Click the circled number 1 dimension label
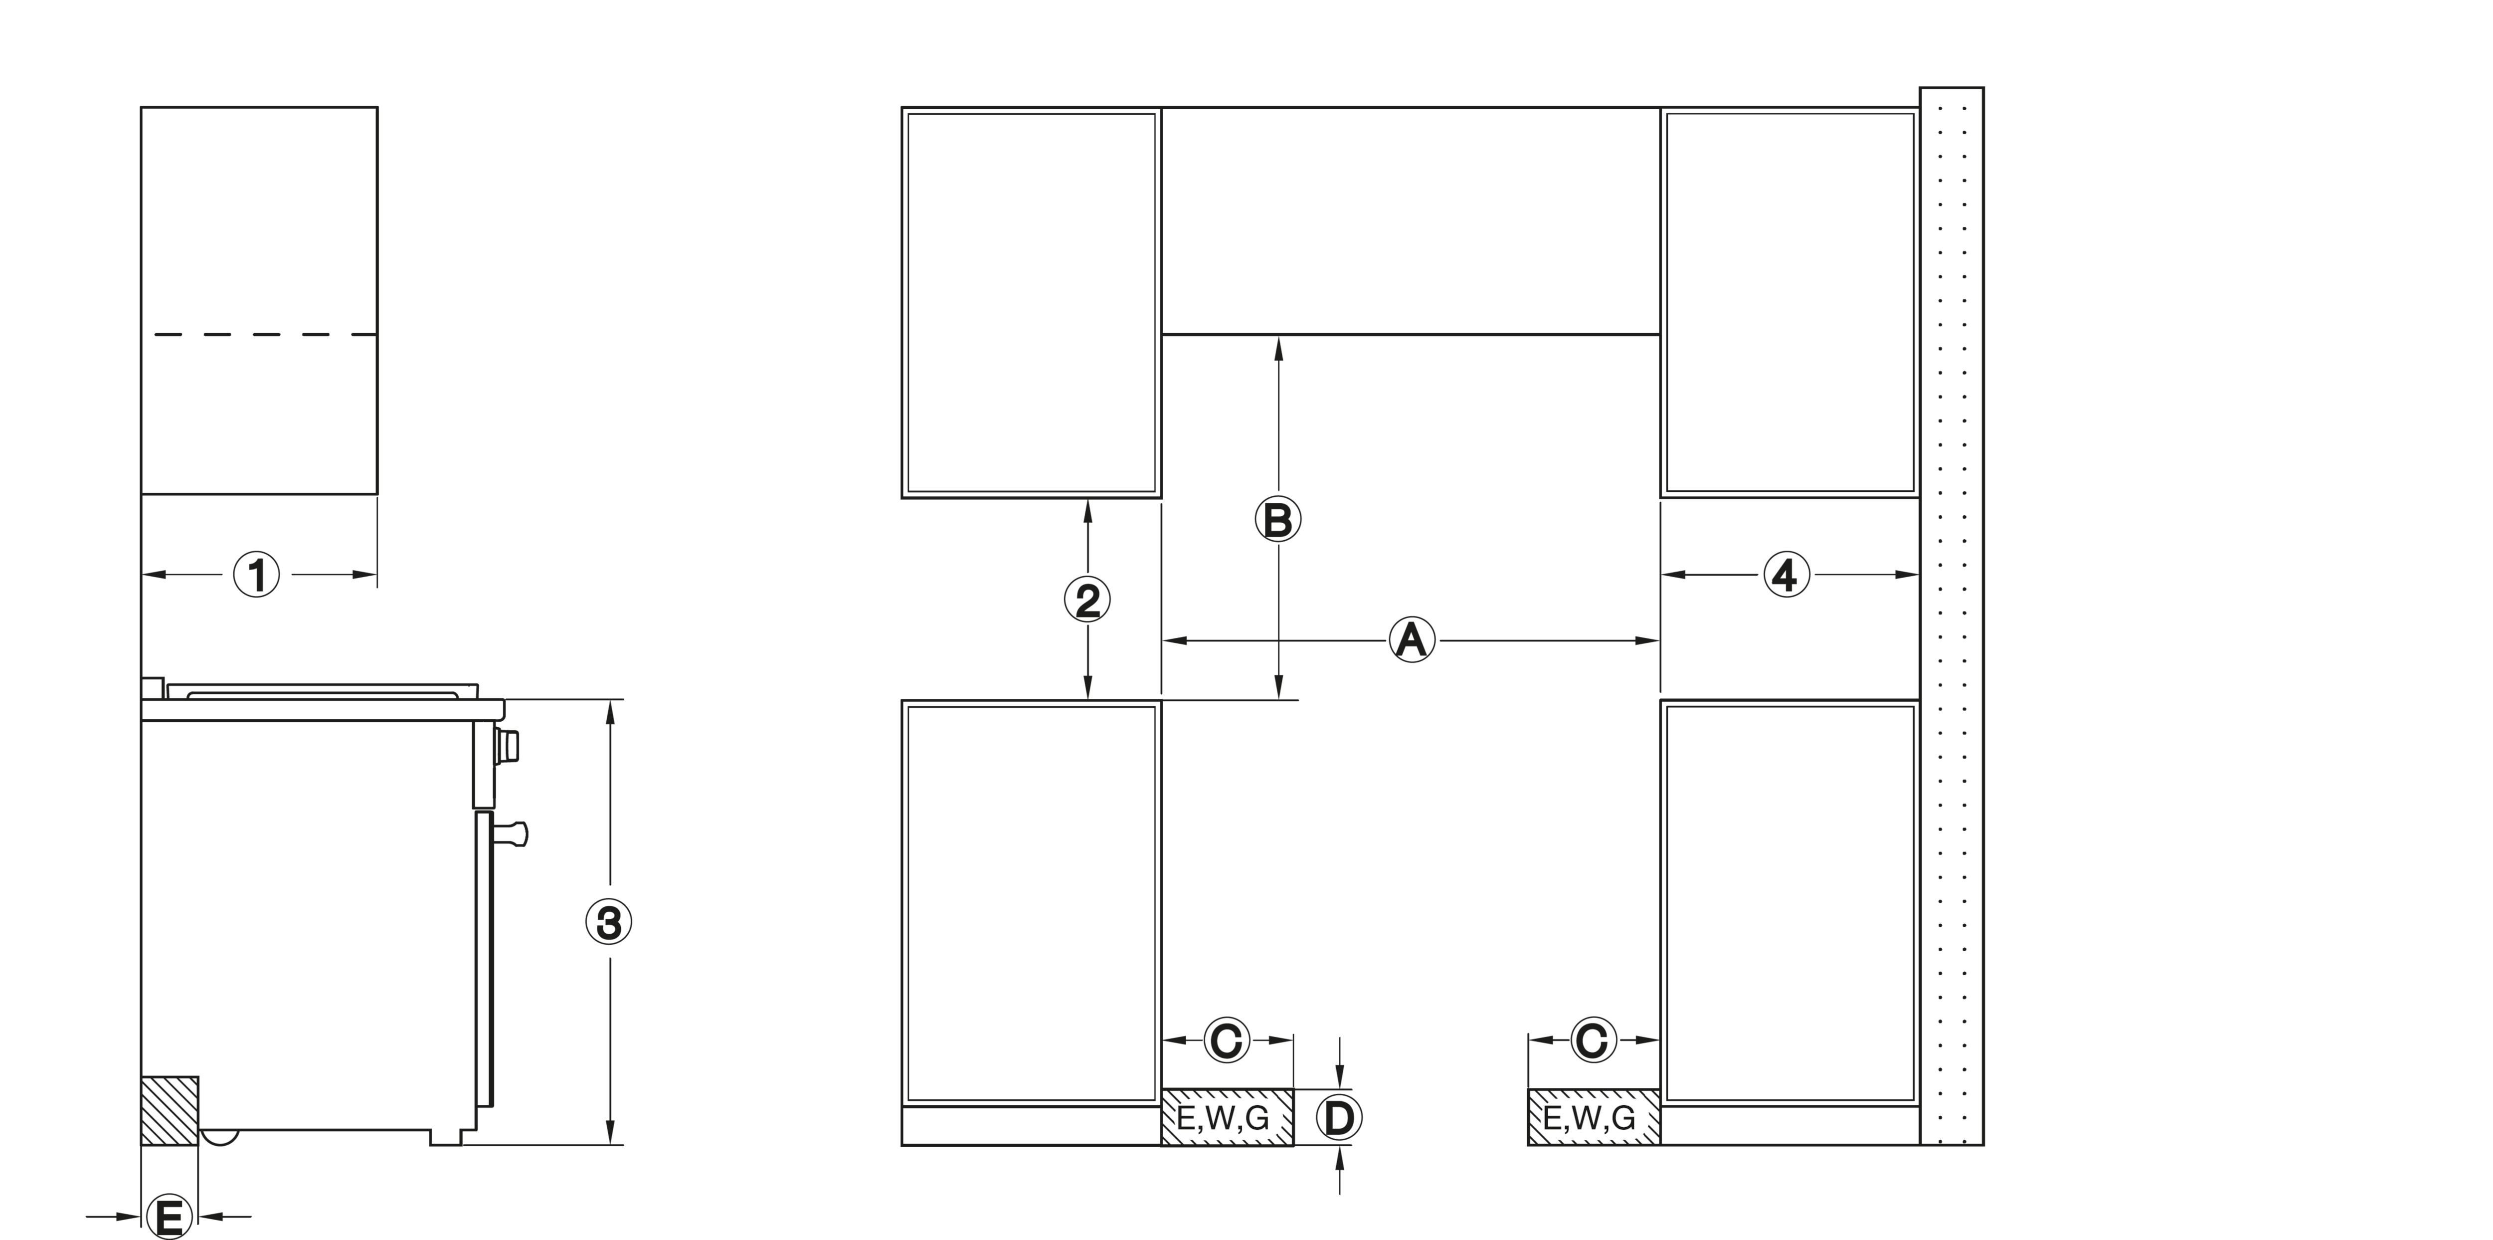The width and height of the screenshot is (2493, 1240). [256, 575]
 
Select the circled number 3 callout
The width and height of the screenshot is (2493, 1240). [609, 922]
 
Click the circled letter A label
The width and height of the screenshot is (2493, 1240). [1412, 640]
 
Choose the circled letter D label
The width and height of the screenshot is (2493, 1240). [1339, 1118]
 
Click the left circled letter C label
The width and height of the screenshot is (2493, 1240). [1227, 1040]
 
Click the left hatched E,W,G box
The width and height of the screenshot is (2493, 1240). [1227, 1117]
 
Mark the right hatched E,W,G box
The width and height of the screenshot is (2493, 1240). [1594, 1117]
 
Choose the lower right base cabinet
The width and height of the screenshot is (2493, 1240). [1789, 922]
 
